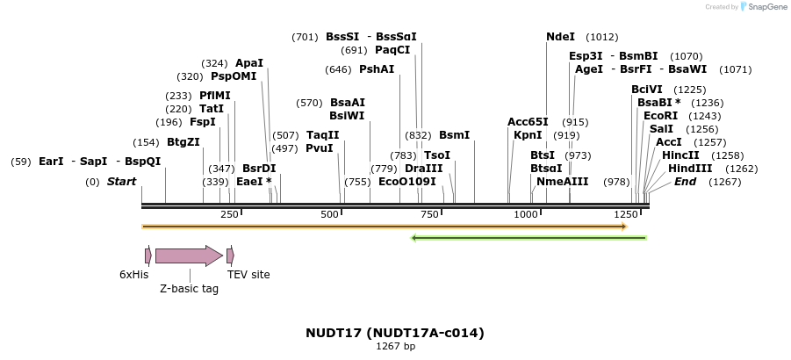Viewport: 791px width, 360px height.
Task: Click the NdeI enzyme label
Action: coord(560,37)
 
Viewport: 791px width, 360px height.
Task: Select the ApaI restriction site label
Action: coord(249,63)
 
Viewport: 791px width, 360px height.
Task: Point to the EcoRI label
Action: coord(660,116)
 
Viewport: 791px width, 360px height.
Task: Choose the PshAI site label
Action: coord(377,69)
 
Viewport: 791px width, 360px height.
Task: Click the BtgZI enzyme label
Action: coord(183,142)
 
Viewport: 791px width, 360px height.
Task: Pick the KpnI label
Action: coord(528,135)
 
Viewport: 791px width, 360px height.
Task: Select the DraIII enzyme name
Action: coord(423,169)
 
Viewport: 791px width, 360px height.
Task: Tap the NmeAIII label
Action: coord(563,182)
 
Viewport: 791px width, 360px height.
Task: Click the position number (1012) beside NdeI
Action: coord(602,37)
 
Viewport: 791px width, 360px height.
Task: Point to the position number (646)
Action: coord(338,69)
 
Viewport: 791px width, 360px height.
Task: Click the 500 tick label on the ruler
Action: coord(330,214)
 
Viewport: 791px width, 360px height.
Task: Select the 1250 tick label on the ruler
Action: coord(626,214)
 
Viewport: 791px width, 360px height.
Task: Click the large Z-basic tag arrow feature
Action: coord(189,256)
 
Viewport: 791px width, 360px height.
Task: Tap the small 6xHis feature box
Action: coord(148,256)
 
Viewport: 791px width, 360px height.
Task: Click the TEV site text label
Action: coord(248,275)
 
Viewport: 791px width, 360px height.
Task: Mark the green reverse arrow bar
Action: coord(529,237)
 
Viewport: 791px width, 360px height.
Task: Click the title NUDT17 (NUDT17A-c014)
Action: coord(395,333)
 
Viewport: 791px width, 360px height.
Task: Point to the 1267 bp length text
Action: coord(395,347)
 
